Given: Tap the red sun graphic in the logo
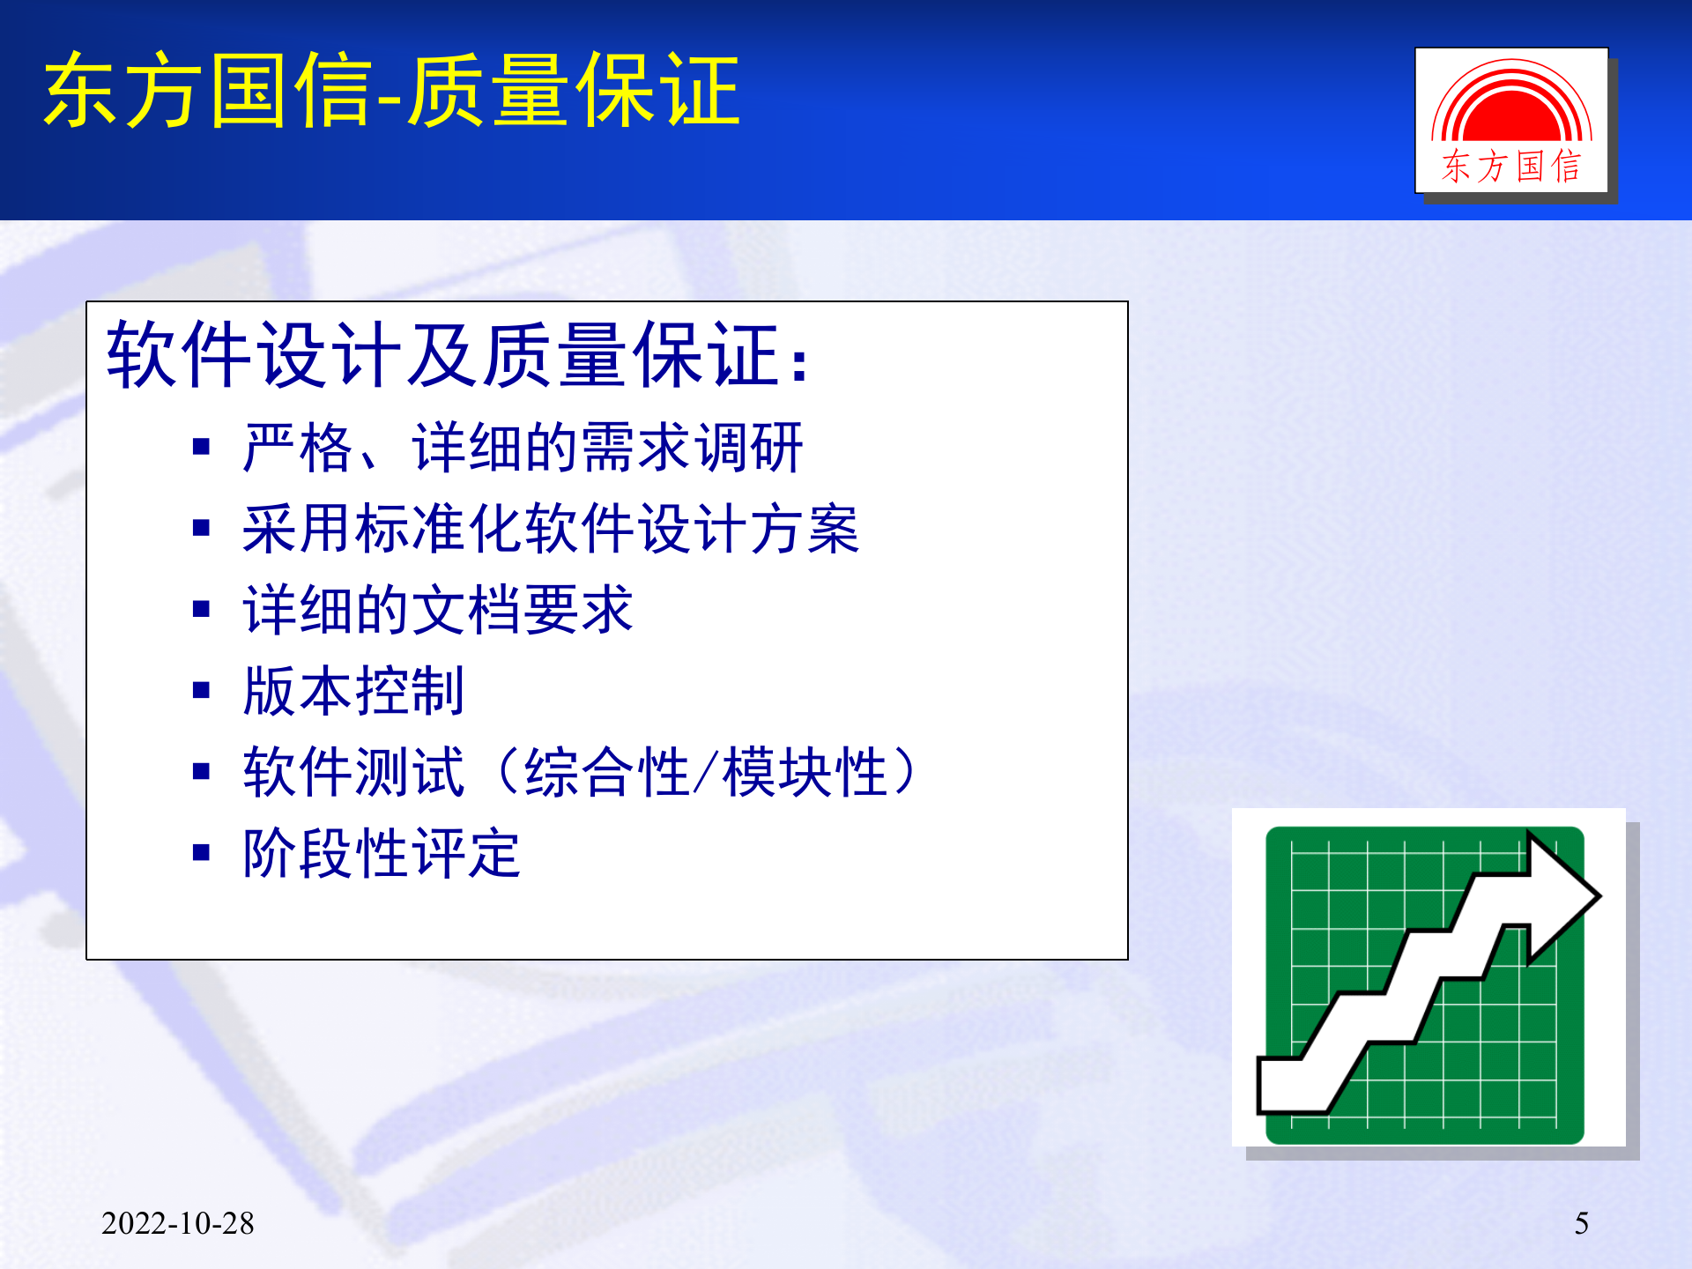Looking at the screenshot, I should pyautogui.click(x=1511, y=110).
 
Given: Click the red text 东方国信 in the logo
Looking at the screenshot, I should pyautogui.click(x=1511, y=167).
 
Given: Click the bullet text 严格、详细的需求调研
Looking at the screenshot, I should pyautogui.click(x=523, y=448).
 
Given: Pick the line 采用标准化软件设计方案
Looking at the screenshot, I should pyautogui.click(x=551, y=529).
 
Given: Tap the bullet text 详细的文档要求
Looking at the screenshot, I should pyautogui.click(x=438, y=610).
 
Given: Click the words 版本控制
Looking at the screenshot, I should pyautogui.click(x=353, y=691).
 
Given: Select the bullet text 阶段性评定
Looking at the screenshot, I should pyautogui.click(x=382, y=853).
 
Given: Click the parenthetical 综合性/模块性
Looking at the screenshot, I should pyautogui.click(x=705, y=772).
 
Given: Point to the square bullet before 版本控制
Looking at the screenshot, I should pyautogui.click(x=202, y=690).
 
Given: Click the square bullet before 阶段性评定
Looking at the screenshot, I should pyautogui.click(x=202, y=852).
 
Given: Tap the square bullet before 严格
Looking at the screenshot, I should pyautogui.click(x=202, y=447).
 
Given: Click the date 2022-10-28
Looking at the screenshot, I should pyautogui.click(x=177, y=1223).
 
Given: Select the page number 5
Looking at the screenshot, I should pyautogui.click(x=1581, y=1223).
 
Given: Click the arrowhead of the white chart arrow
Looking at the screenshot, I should pyautogui.click(x=1564, y=896).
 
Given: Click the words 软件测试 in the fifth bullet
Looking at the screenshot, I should pyautogui.click(x=353, y=772).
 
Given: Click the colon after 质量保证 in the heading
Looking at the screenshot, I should pyautogui.click(x=798, y=363).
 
